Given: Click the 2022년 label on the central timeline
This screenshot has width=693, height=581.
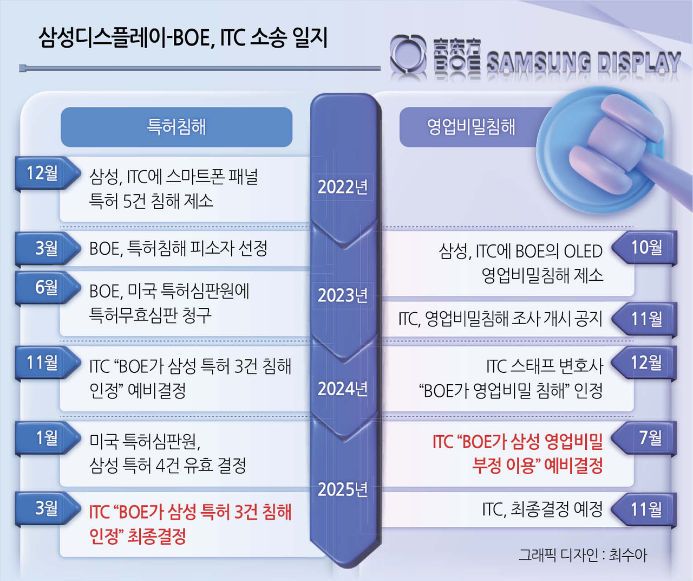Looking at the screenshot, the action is (x=343, y=187).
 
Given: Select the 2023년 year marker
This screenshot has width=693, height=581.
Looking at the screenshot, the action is (x=343, y=295).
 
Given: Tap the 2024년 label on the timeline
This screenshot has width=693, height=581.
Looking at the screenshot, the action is (x=343, y=389).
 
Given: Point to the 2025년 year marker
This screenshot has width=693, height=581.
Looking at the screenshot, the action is (x=343, y=489).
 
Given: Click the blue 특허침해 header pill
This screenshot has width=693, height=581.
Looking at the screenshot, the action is (x=176, y=127).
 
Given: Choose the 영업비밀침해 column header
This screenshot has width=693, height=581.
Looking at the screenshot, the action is (x=471, y=127).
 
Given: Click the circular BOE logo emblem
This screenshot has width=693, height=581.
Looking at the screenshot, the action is (x=408, y=54).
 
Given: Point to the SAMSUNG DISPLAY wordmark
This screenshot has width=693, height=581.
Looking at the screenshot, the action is (x=584, y=62).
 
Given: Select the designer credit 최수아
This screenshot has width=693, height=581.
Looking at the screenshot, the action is (x=628, y=555).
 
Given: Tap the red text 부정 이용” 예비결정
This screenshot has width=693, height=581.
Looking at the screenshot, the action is (x=537, y=466).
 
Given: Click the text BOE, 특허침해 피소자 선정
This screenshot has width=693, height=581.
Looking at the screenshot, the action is (x=178, y=248).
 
